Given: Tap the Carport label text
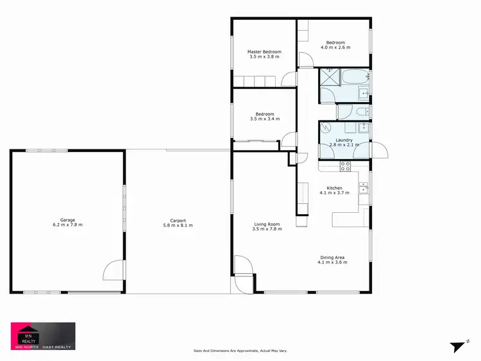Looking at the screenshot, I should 178,220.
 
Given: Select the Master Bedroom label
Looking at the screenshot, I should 264,51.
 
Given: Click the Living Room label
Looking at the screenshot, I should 267,224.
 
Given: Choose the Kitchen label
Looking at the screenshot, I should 335,188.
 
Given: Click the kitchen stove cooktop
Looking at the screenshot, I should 345,165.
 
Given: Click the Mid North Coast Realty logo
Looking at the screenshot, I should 43,335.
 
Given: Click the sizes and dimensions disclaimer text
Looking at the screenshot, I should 240,351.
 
